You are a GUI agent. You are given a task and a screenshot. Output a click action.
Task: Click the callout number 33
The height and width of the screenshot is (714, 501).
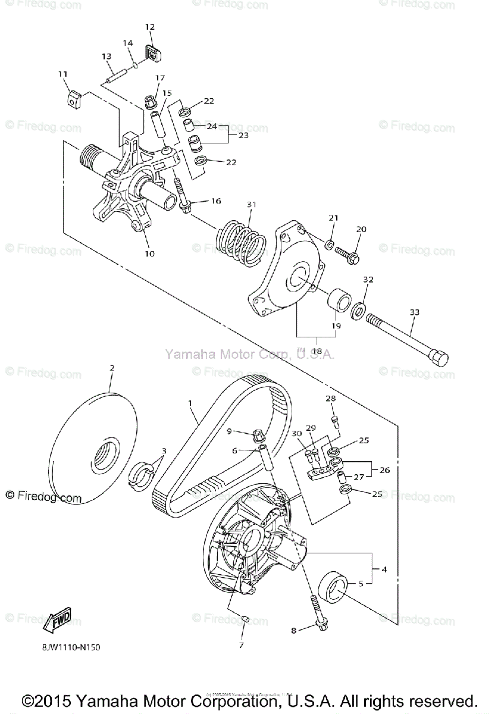click(415, 312)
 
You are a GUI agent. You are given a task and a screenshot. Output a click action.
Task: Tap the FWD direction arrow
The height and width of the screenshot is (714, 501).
click(57, 622)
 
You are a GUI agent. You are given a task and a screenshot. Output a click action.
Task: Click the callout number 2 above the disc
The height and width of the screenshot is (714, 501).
click(111, 368)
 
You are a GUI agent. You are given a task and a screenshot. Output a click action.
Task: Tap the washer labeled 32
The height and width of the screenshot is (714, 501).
click(359, 309)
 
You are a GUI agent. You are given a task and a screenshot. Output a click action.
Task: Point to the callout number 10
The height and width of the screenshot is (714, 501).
click(149, 253)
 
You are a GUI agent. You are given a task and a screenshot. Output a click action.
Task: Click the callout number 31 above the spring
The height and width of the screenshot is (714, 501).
click(251, 205)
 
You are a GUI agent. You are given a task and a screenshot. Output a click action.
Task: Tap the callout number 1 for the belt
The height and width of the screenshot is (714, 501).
click(190, 403)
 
